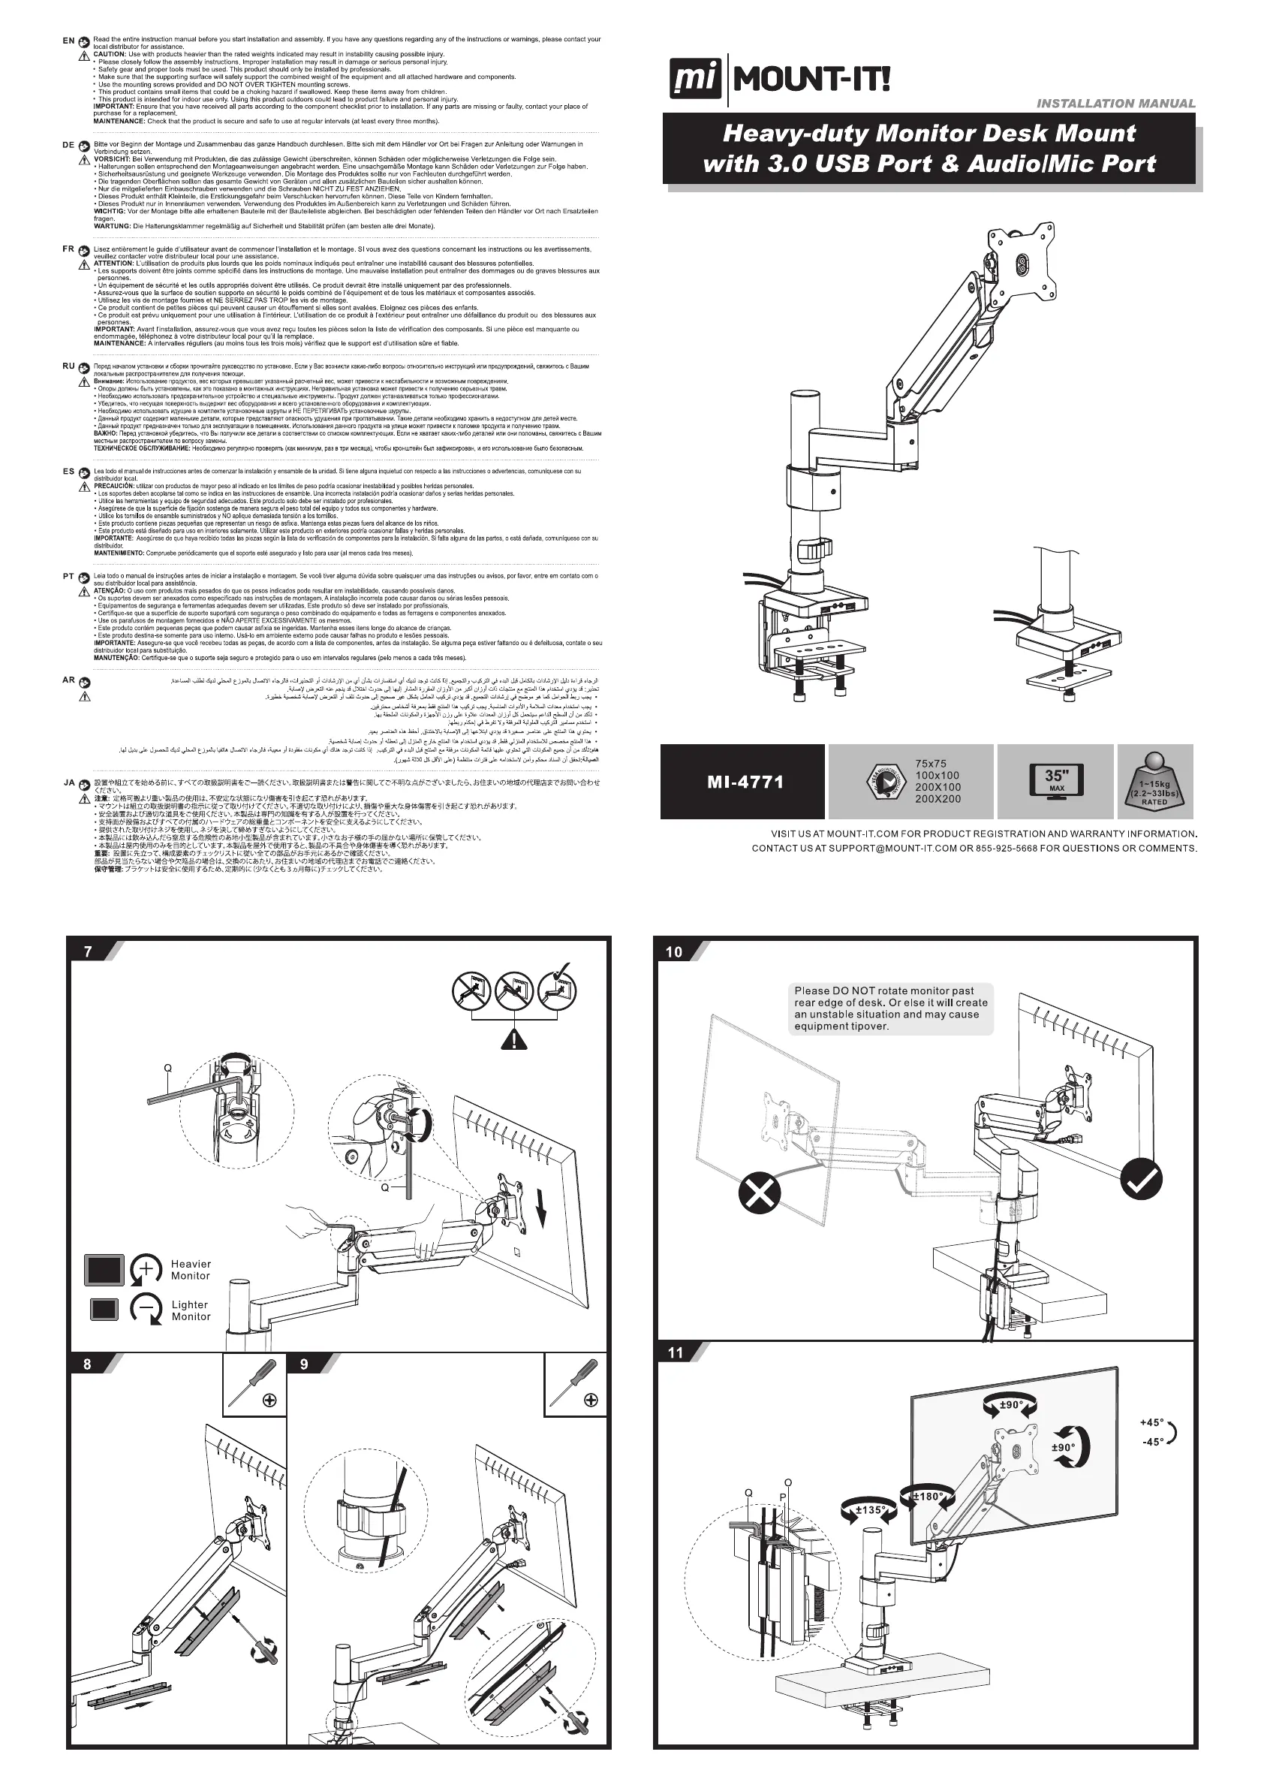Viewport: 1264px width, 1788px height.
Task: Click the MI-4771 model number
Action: point(745,782)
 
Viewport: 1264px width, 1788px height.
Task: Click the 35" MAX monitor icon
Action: point(1055,779)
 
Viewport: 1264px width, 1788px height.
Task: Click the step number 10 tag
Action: point(674,951)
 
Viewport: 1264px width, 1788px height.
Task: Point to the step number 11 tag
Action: point(675,1352)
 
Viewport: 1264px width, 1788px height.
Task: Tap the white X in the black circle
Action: point(759,1193)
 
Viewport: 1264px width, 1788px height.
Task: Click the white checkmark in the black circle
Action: point(1141,1180)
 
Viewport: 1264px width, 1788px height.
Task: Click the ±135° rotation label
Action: point(868,1510)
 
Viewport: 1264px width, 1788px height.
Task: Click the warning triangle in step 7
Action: point(513,1038)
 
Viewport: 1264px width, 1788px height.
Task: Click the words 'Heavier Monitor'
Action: point(191,1269)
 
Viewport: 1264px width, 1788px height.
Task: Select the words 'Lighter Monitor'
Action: point(191,1310)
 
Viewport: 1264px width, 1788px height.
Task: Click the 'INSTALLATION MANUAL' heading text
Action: point(1115,104)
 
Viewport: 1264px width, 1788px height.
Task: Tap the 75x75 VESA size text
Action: point(931,764)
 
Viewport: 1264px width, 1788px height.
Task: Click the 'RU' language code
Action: point(68,366)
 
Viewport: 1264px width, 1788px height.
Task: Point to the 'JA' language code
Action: point(68,782)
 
